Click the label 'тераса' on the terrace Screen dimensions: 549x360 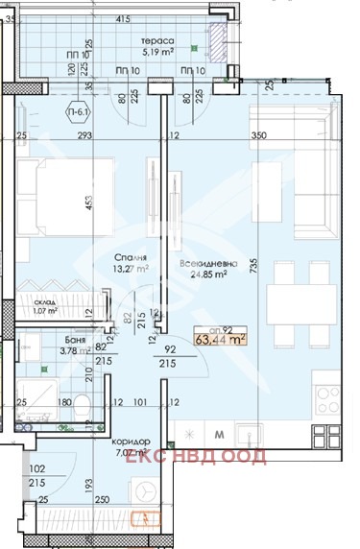click(x=157, y=42)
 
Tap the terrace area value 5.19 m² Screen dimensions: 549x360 click(x=157, y=54)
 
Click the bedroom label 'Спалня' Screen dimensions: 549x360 click(x=129, y=258)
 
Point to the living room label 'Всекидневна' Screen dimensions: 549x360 click(x=202, y=262)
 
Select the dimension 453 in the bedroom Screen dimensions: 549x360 click(x=88, y=203)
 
